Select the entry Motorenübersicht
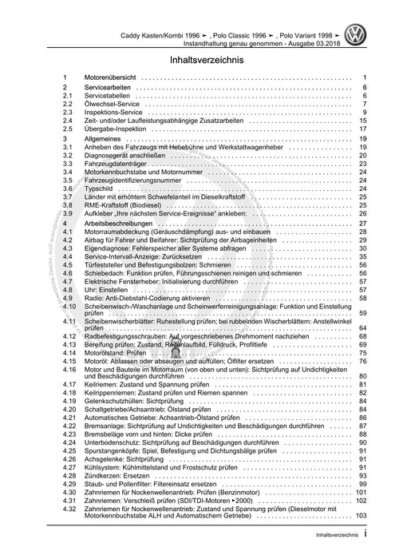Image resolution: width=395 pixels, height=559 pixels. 113,78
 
